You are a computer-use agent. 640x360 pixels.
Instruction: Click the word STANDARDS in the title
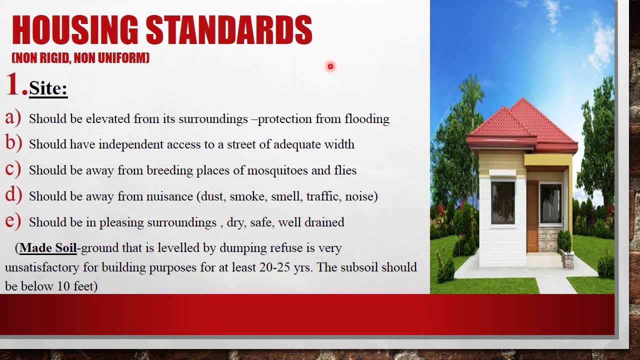point(229,30)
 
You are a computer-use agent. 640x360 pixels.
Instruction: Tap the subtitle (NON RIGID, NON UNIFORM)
point(80,58)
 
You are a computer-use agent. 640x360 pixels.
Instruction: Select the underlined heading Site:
point(48,88)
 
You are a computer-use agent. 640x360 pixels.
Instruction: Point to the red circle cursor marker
point(330,66)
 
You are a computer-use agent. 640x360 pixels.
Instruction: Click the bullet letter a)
point(12,117)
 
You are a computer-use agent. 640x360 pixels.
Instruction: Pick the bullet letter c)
point(12,169)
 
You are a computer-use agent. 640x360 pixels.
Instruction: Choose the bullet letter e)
point(12,221)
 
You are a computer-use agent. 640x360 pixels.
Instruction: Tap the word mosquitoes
point(277,170)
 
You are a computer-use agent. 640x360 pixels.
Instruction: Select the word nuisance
point(169,196)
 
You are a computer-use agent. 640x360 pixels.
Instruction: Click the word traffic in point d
point(322,196)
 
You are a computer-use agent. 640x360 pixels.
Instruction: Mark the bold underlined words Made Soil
point(48,248)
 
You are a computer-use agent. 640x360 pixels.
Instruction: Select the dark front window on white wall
point(502,202)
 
